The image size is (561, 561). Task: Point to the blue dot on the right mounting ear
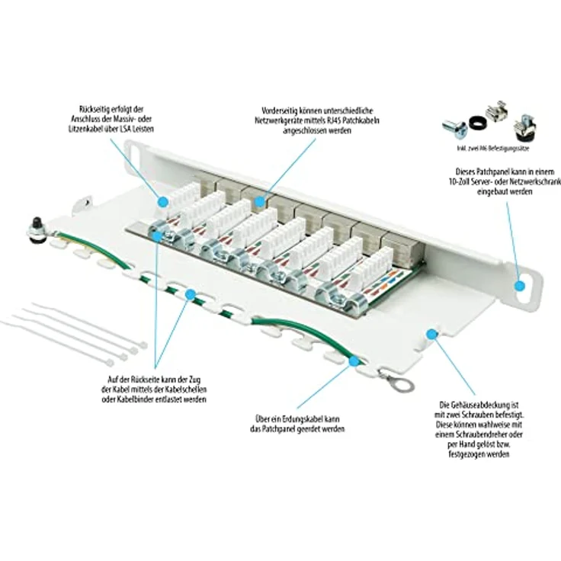tap(520, 286)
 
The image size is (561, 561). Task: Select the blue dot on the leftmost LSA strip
tap(163, 200)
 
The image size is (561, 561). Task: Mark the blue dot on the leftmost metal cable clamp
tap(156, 236)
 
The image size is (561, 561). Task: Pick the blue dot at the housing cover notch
tap(431, 334)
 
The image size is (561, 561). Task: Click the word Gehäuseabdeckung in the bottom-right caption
tap(477, 403)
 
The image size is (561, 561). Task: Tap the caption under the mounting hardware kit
tap(482, 148)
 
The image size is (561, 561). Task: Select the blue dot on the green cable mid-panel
tap(188, 293)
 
